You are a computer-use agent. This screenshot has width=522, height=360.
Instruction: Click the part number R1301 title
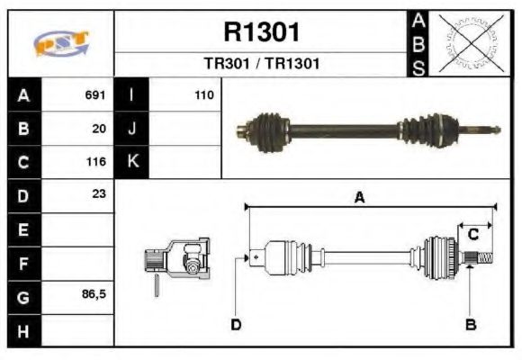tap(260, 32)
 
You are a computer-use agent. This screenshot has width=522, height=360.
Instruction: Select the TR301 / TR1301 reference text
tap(260, 65)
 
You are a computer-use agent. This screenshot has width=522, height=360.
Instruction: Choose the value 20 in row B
tap(99, 129)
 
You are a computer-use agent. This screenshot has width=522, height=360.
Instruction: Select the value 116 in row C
tap(95, 162)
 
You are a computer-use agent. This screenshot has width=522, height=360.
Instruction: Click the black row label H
tap(23, 330)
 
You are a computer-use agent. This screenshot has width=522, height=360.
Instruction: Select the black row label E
tap(23, 229)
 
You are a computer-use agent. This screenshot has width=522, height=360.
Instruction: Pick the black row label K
tap(131, 162)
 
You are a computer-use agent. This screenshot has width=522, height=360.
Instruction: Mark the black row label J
tap(131, 129)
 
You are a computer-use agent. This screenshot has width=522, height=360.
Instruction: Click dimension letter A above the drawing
tap(359, 199)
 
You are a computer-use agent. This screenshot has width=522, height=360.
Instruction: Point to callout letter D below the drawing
tap(236, 324)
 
